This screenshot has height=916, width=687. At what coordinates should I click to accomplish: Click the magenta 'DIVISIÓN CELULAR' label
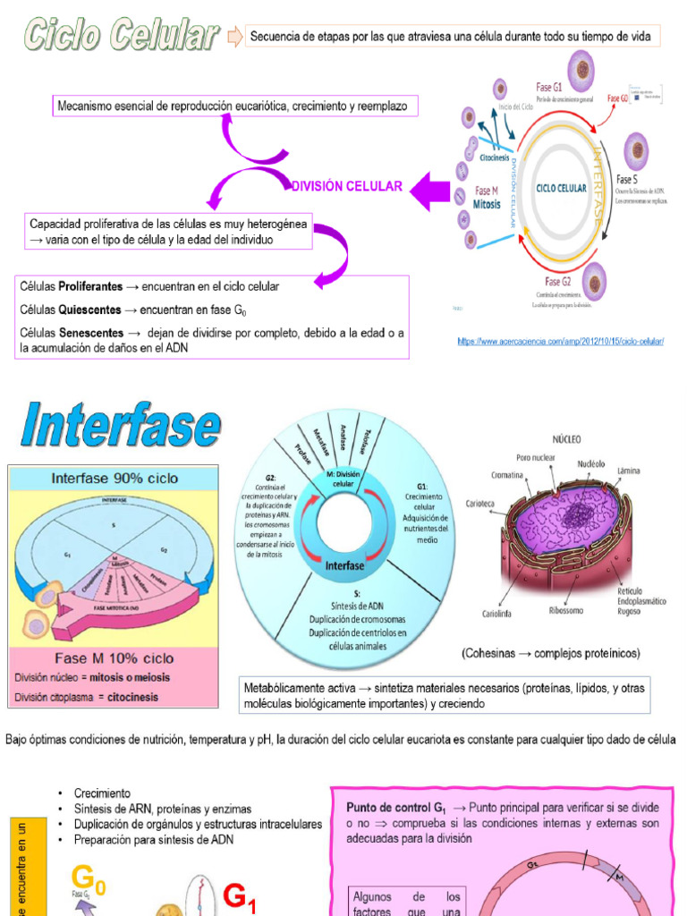(348, 187)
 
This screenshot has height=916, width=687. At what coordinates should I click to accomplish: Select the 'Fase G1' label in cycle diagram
(548, 88)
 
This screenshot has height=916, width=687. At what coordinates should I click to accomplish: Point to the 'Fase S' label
(627, 180)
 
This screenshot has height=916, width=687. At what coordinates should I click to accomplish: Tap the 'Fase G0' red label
(617, 98)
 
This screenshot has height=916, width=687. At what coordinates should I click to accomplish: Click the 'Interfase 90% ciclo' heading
(114, 479)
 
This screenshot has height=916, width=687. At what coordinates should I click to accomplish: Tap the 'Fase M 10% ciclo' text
(113, 659)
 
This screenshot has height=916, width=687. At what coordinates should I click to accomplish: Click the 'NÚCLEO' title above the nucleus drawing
(567, 439)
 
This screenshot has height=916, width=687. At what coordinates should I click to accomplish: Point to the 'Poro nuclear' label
(536, 458)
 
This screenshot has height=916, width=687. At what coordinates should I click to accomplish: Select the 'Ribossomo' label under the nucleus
(568, 612)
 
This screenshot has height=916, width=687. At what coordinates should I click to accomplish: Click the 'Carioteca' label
(480, 504)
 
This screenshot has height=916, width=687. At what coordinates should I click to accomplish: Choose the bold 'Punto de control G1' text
(394, 807)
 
